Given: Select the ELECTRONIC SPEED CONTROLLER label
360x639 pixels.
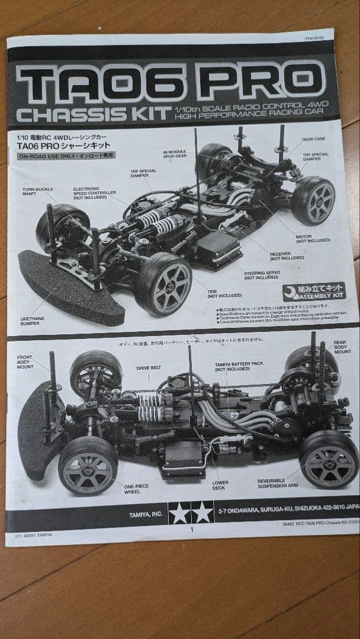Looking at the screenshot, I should point(95,195).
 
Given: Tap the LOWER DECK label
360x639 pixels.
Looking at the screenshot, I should point(220,486).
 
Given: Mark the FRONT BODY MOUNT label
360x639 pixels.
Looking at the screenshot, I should point(25,362).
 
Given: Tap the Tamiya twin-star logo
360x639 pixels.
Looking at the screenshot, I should point(191,513).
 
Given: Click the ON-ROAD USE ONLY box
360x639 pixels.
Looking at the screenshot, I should point(66,156).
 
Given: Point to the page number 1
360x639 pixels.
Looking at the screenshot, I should point(191,530).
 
